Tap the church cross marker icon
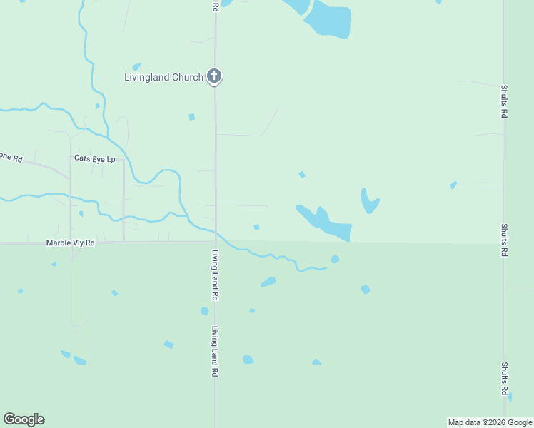214,76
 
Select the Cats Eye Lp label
95,159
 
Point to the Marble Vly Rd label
71,243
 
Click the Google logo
24,419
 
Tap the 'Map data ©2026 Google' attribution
490,422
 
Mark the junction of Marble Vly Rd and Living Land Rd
214,243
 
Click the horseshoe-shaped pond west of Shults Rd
368,201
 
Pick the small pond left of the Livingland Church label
136,67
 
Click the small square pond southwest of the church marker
191,117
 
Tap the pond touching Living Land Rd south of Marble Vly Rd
205,311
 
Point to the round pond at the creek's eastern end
335,259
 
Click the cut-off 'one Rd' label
11,158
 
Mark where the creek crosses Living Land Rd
216,231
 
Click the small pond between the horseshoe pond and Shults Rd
453,185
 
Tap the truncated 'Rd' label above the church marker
215,6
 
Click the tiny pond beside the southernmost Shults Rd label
510,397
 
